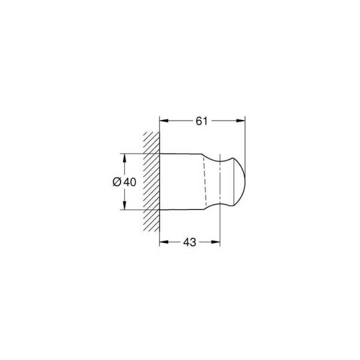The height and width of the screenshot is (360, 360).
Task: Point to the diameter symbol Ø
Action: [x=118, y=182]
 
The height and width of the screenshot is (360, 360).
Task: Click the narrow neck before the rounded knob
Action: [x=219, y=182]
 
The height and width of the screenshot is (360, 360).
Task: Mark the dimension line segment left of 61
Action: [x=179, y=121]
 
